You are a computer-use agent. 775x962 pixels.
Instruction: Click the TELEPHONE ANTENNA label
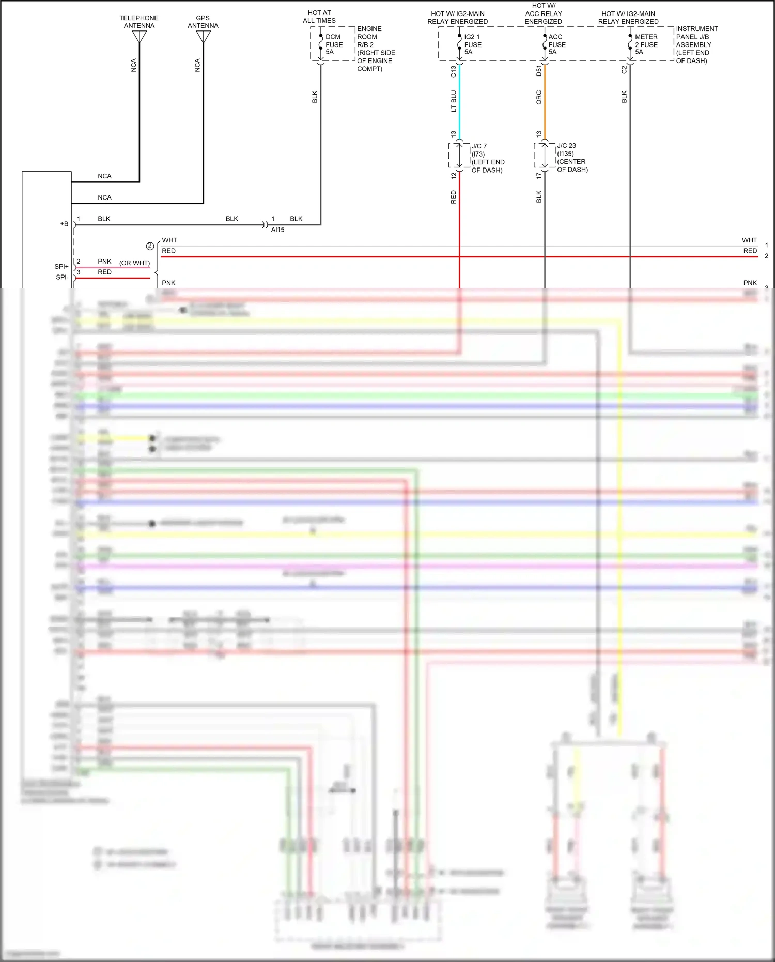click(x=139, y=22)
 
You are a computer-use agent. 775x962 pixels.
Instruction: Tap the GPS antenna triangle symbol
click(x=203, y=36)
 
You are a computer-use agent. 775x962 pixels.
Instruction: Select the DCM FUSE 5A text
click(x=333, y=44)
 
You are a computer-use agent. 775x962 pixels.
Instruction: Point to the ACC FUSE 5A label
click(x=556, y=44)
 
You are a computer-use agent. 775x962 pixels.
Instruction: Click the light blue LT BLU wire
click(x=459, y=101)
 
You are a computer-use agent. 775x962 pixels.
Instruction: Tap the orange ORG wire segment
click(x=545, y=101)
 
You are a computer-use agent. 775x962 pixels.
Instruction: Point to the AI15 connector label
click(x=277, y=230)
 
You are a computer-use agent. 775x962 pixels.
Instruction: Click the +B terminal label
click(x=64, y=224)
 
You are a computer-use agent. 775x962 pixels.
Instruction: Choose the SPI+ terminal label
click(x=61, y=266)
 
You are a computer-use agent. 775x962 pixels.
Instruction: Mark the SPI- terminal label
click(x=62, y=277)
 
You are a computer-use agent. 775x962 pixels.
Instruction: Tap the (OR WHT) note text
click(x=134, y=263)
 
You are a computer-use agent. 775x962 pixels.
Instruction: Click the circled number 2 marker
click(x=150, y=246)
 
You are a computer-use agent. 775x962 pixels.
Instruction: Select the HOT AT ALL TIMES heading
click(x=319, y=17)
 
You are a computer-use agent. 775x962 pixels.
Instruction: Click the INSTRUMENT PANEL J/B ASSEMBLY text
click(x=696, y=44)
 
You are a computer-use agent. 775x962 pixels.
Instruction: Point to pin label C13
click(x=453, y=71)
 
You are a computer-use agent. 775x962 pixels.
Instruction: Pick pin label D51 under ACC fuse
click(x=538, y=71)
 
